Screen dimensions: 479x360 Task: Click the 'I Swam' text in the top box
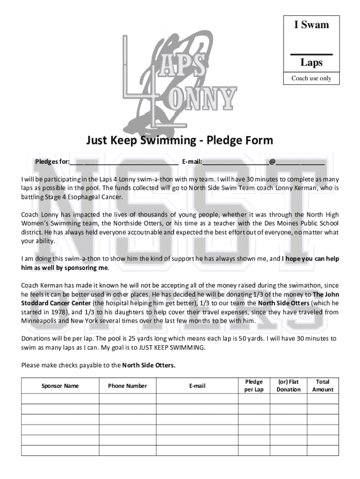311,25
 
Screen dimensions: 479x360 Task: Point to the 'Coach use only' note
311,78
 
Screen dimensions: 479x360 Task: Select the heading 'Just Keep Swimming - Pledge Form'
179,140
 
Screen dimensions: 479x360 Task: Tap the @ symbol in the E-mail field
272,162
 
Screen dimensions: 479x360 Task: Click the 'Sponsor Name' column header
60,386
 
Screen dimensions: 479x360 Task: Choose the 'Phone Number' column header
127,386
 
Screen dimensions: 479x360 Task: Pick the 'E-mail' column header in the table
197,386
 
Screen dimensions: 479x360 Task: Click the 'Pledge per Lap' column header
254,386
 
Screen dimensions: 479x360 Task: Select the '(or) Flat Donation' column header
288,386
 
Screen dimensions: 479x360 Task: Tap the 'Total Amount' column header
323,386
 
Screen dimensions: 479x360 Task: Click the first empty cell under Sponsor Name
60,399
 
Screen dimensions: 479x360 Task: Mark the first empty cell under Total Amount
323,399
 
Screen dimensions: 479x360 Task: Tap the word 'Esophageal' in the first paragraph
84,197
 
